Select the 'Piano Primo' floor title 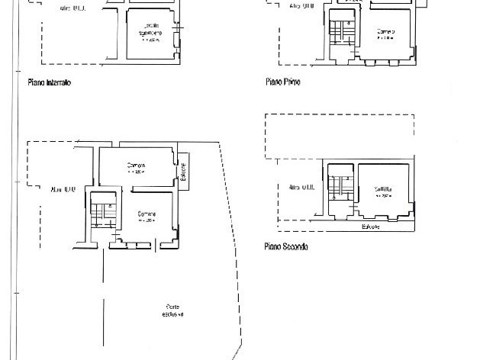pos(282,82)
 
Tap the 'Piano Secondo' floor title pos(286,247)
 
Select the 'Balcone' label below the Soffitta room pos(370,227)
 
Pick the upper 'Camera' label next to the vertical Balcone pos(137,166)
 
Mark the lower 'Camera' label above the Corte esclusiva pos(147,214)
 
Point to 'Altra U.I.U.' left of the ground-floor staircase pos(63,188)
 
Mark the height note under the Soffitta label pos(383,196)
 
